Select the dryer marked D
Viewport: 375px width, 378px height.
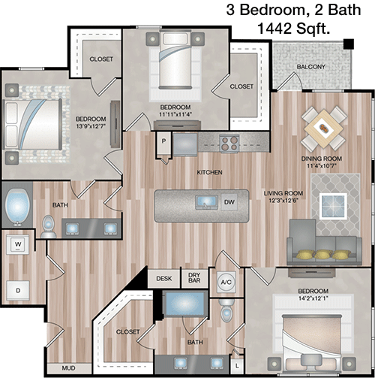coord(18,291)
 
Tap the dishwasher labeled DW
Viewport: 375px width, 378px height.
coord(229,202)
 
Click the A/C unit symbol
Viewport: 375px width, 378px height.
coord(226,283)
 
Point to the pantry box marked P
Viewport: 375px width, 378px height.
coord(163,143)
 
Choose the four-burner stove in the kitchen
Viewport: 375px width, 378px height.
coord(229,144)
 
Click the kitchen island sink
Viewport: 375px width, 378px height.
coord(206,202)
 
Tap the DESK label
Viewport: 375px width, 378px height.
coord(164,279)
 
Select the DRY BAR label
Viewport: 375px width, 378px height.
coord(194,278)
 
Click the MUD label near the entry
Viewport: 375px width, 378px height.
coord(68,368)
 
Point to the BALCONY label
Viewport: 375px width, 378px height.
coord(310,67)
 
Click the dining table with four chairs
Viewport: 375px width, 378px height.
coord(324,129)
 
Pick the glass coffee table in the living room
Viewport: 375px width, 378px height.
coord(333,206)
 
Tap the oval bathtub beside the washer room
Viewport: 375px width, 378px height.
coord(17,207)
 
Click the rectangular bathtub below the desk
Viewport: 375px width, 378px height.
coord(185,304)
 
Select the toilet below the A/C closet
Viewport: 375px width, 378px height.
coord(226,310)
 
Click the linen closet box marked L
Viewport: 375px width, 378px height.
coord(237,366)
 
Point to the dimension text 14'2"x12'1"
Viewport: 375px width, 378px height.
coord(313,298)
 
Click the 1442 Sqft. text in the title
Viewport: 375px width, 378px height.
coord(293,29)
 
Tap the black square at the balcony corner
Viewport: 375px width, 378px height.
coord(349,44)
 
